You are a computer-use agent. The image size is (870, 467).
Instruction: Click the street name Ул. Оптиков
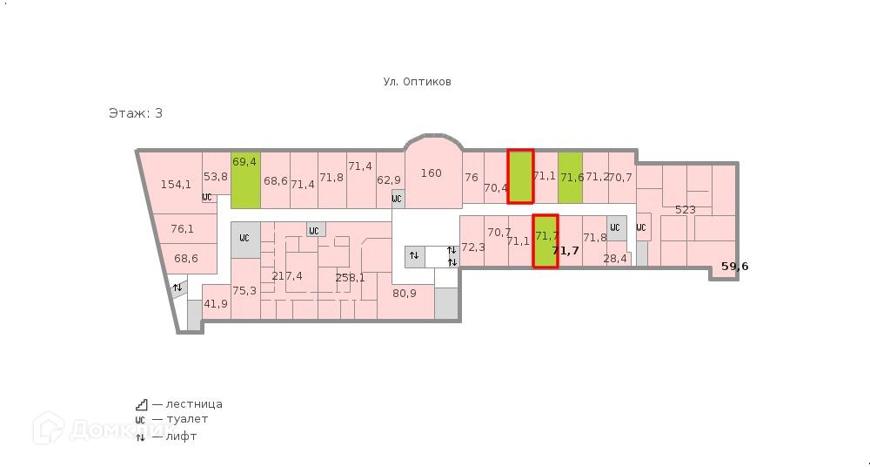pyautogui.click(x=417, y=82)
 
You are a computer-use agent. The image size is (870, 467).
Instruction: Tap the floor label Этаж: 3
pyautogui.click(x=135, y=113)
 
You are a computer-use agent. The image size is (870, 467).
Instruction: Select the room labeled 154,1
pyautogui.click(x=176, y=184)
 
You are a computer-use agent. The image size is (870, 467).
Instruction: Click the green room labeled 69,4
pyautogui.click(x=245, y=179)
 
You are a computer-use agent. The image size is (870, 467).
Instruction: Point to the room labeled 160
pyautogui.click(x=431, y=173)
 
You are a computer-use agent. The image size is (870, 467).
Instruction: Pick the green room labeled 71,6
pyautogui.click(x=570, y=178)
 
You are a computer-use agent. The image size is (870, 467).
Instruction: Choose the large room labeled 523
pyautogui.click(x=686, y=210)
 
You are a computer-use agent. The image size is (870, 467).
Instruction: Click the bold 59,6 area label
pyautogui.click(x=734, y=267)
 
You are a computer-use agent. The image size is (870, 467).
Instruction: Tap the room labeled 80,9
pyautogui.click(x=404, y=294)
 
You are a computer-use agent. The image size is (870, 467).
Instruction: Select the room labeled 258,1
pyautogui.click(x=350, y=278)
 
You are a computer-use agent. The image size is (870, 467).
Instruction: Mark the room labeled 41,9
pyautogui.click(x=215, y=304)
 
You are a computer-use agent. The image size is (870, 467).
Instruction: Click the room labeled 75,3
pyautogui.click(x=244, y=291)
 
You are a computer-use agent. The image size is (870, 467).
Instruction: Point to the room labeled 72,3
pyautogui.click(x=472, y=247)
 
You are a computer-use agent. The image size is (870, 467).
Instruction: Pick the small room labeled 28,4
pyautogui.click(x=614, y=259)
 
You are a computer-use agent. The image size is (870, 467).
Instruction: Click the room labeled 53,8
pyautogui.click(x=215, y=176)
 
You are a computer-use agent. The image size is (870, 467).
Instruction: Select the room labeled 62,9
pyautogui.click(x=389, y=180)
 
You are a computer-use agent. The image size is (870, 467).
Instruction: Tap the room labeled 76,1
pyautogui.click(x=182, y=229)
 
